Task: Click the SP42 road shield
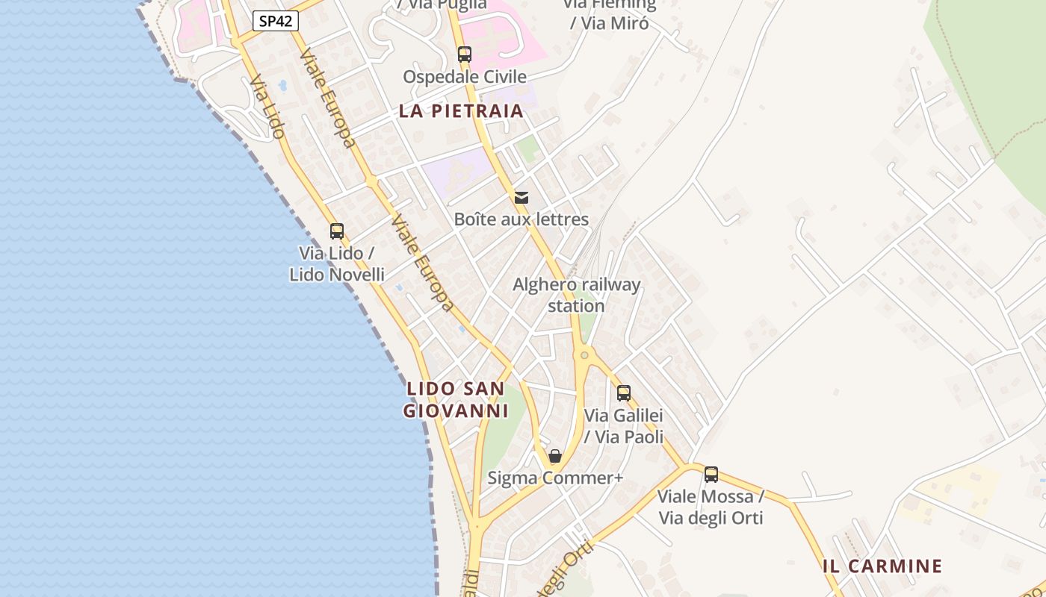click(x=275, y=21)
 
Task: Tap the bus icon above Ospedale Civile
click(x=465, y=54)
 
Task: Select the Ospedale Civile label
click(x=465, y=77)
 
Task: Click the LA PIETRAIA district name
click(x=461, y=111)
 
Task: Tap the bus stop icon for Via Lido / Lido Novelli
click(x=337, y=231)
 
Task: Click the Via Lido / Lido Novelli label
click(x=337, y=263)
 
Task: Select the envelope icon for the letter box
click(x=522, y=197)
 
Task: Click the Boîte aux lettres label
click(x=522, y=219)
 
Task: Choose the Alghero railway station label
click(x=576, y=295)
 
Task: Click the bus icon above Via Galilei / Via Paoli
click(x=624, y=393)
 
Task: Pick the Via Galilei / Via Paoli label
click(x=624, y=426)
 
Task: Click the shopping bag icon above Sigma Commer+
click(x=555, y=455)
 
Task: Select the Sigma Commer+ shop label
click(x=555, y=478)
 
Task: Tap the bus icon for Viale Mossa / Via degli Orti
click(x=711, y=474)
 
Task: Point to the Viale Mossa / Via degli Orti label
click(x=711, y=507)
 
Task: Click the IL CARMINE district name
click(x=882, y=566)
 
